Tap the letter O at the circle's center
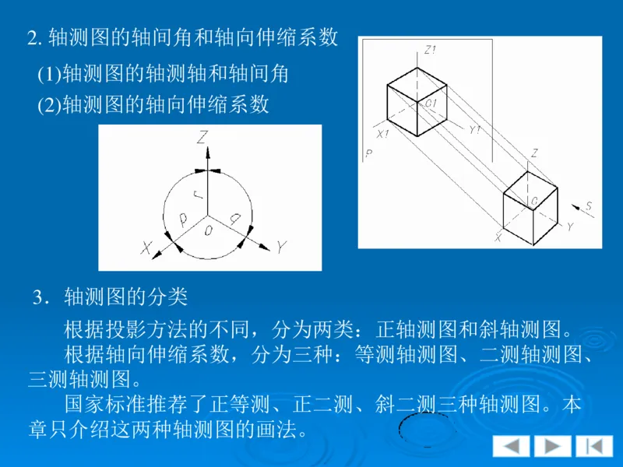click(207, 231)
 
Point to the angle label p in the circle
click(183, 220)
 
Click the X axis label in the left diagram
click(146, 248)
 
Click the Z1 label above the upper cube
click(430, 51)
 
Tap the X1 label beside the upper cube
click(382, 134)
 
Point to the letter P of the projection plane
click(368, 154)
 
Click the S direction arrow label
click(589, 206)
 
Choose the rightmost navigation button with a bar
click(594, 446)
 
